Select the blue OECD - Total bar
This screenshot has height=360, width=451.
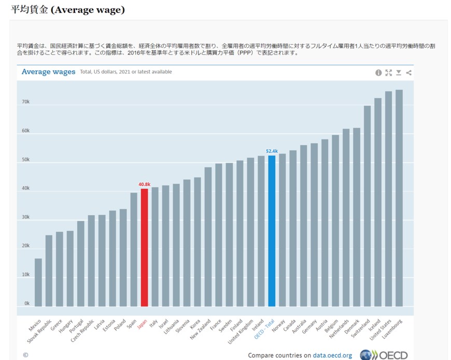(x=272, y=231)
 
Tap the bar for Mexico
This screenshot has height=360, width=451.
(x=38, y=282)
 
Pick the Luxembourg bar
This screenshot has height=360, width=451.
(x=399, y=198)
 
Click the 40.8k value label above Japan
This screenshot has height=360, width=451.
(x=145, y=184)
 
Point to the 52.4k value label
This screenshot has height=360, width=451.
(x=272, y=151)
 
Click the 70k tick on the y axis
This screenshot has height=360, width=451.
(x=25, y=102)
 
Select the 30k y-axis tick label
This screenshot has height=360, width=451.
(x=25, y=217)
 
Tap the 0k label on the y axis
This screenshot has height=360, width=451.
(x=26, y=303)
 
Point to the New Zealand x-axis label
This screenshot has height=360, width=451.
(x=201, y=329)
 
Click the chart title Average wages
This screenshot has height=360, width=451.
(x=48, y=72)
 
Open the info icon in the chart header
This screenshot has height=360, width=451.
(x=378, y=73)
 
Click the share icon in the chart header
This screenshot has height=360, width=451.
(x=409, y=73)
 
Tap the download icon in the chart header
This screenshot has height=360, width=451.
(x=399, y=73)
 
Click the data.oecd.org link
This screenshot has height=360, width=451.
(x=332, y=355)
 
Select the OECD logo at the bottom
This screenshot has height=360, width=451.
(x=384, y=355)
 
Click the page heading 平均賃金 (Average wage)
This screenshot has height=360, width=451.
(x=68, y=10)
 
